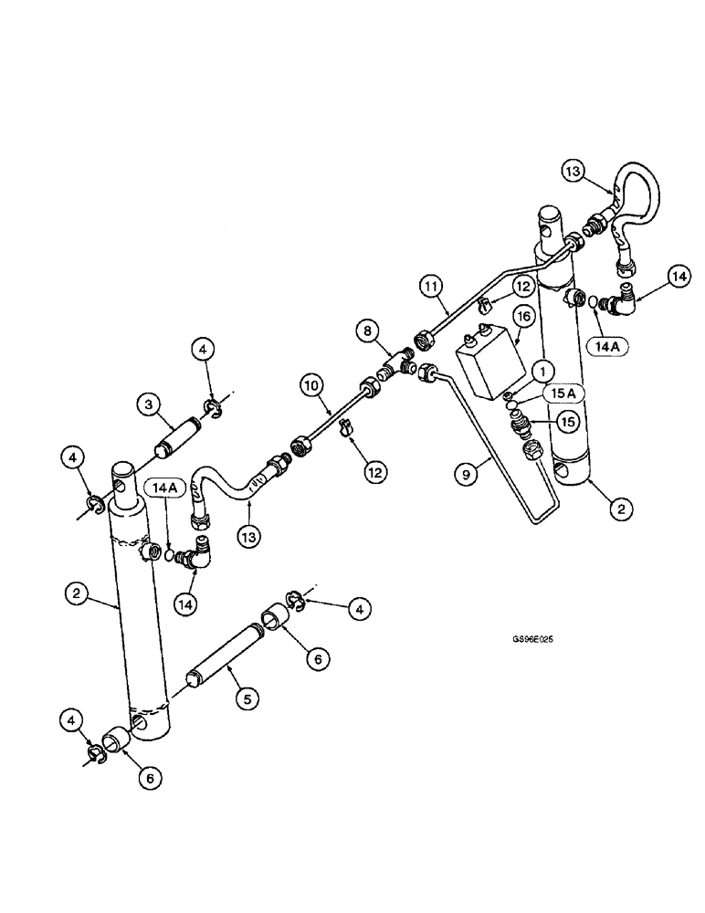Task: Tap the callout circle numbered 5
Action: pos(245,698)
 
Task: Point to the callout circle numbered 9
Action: pos(466,473)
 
